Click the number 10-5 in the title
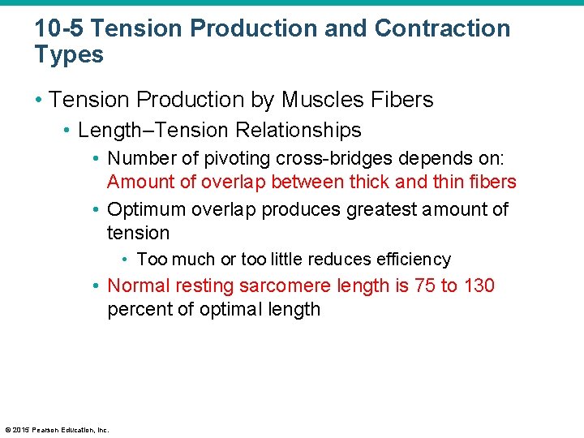point(59,29)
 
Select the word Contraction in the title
point(443,29)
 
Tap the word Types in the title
point(69,55)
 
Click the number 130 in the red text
point(479,286)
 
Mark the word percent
point(137,310)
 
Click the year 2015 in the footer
point(19,430)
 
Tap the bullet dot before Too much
point(126,260)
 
